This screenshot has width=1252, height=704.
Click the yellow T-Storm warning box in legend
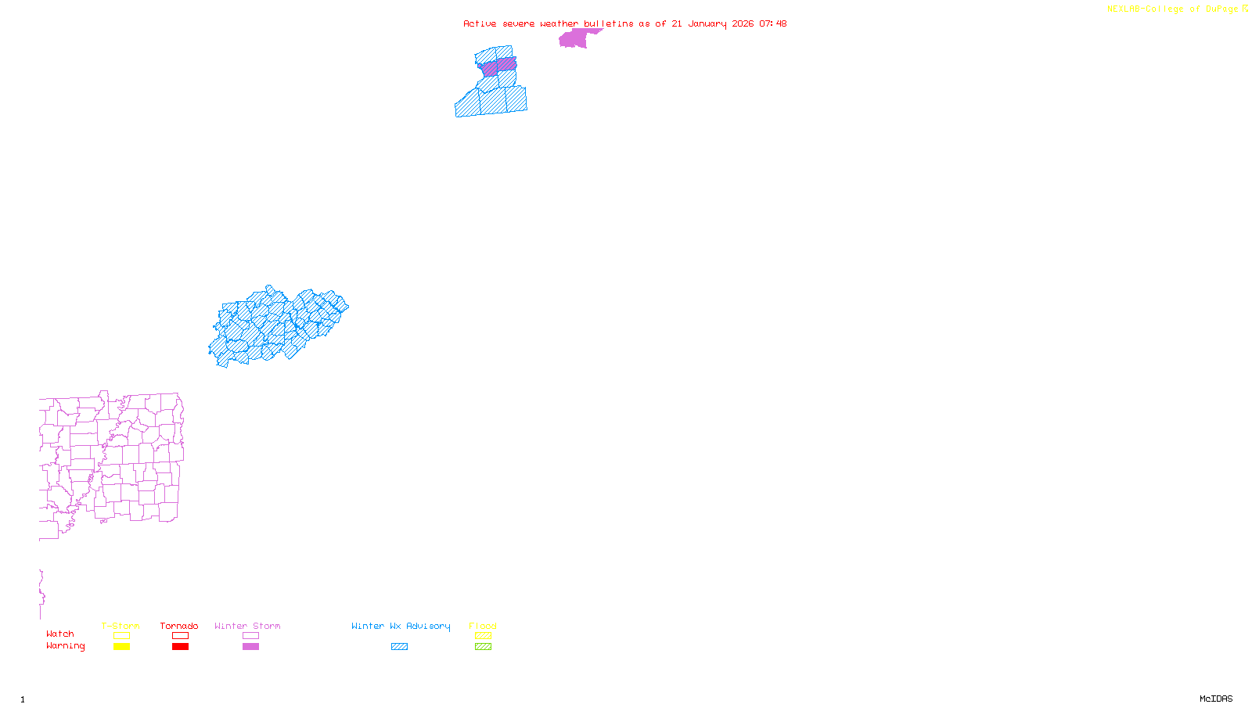click(121, 647)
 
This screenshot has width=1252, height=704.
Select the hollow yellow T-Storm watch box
click(121, 636)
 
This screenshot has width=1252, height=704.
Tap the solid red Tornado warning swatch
click(180, 647)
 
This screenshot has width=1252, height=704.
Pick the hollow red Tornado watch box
click(180, 636)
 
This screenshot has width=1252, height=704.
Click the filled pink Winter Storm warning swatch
click(250, 647)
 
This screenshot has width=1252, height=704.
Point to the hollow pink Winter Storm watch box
click(250, 636)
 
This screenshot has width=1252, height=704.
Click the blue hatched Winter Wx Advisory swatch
click(399, 647)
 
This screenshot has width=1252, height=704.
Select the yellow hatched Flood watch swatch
click(483, 636)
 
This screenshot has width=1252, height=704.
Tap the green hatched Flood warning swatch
click(483, 647)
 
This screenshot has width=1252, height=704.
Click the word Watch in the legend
click(60, 634)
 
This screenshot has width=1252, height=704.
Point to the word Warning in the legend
click(65, 646)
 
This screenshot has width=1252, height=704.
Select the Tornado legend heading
click(179, 626)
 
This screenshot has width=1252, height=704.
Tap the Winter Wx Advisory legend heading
click(401, 626)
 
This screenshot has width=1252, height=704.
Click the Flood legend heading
click(483, 626)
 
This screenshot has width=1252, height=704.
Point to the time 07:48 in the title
click(772, 23)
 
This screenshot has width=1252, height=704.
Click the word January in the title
click(707, 23)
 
